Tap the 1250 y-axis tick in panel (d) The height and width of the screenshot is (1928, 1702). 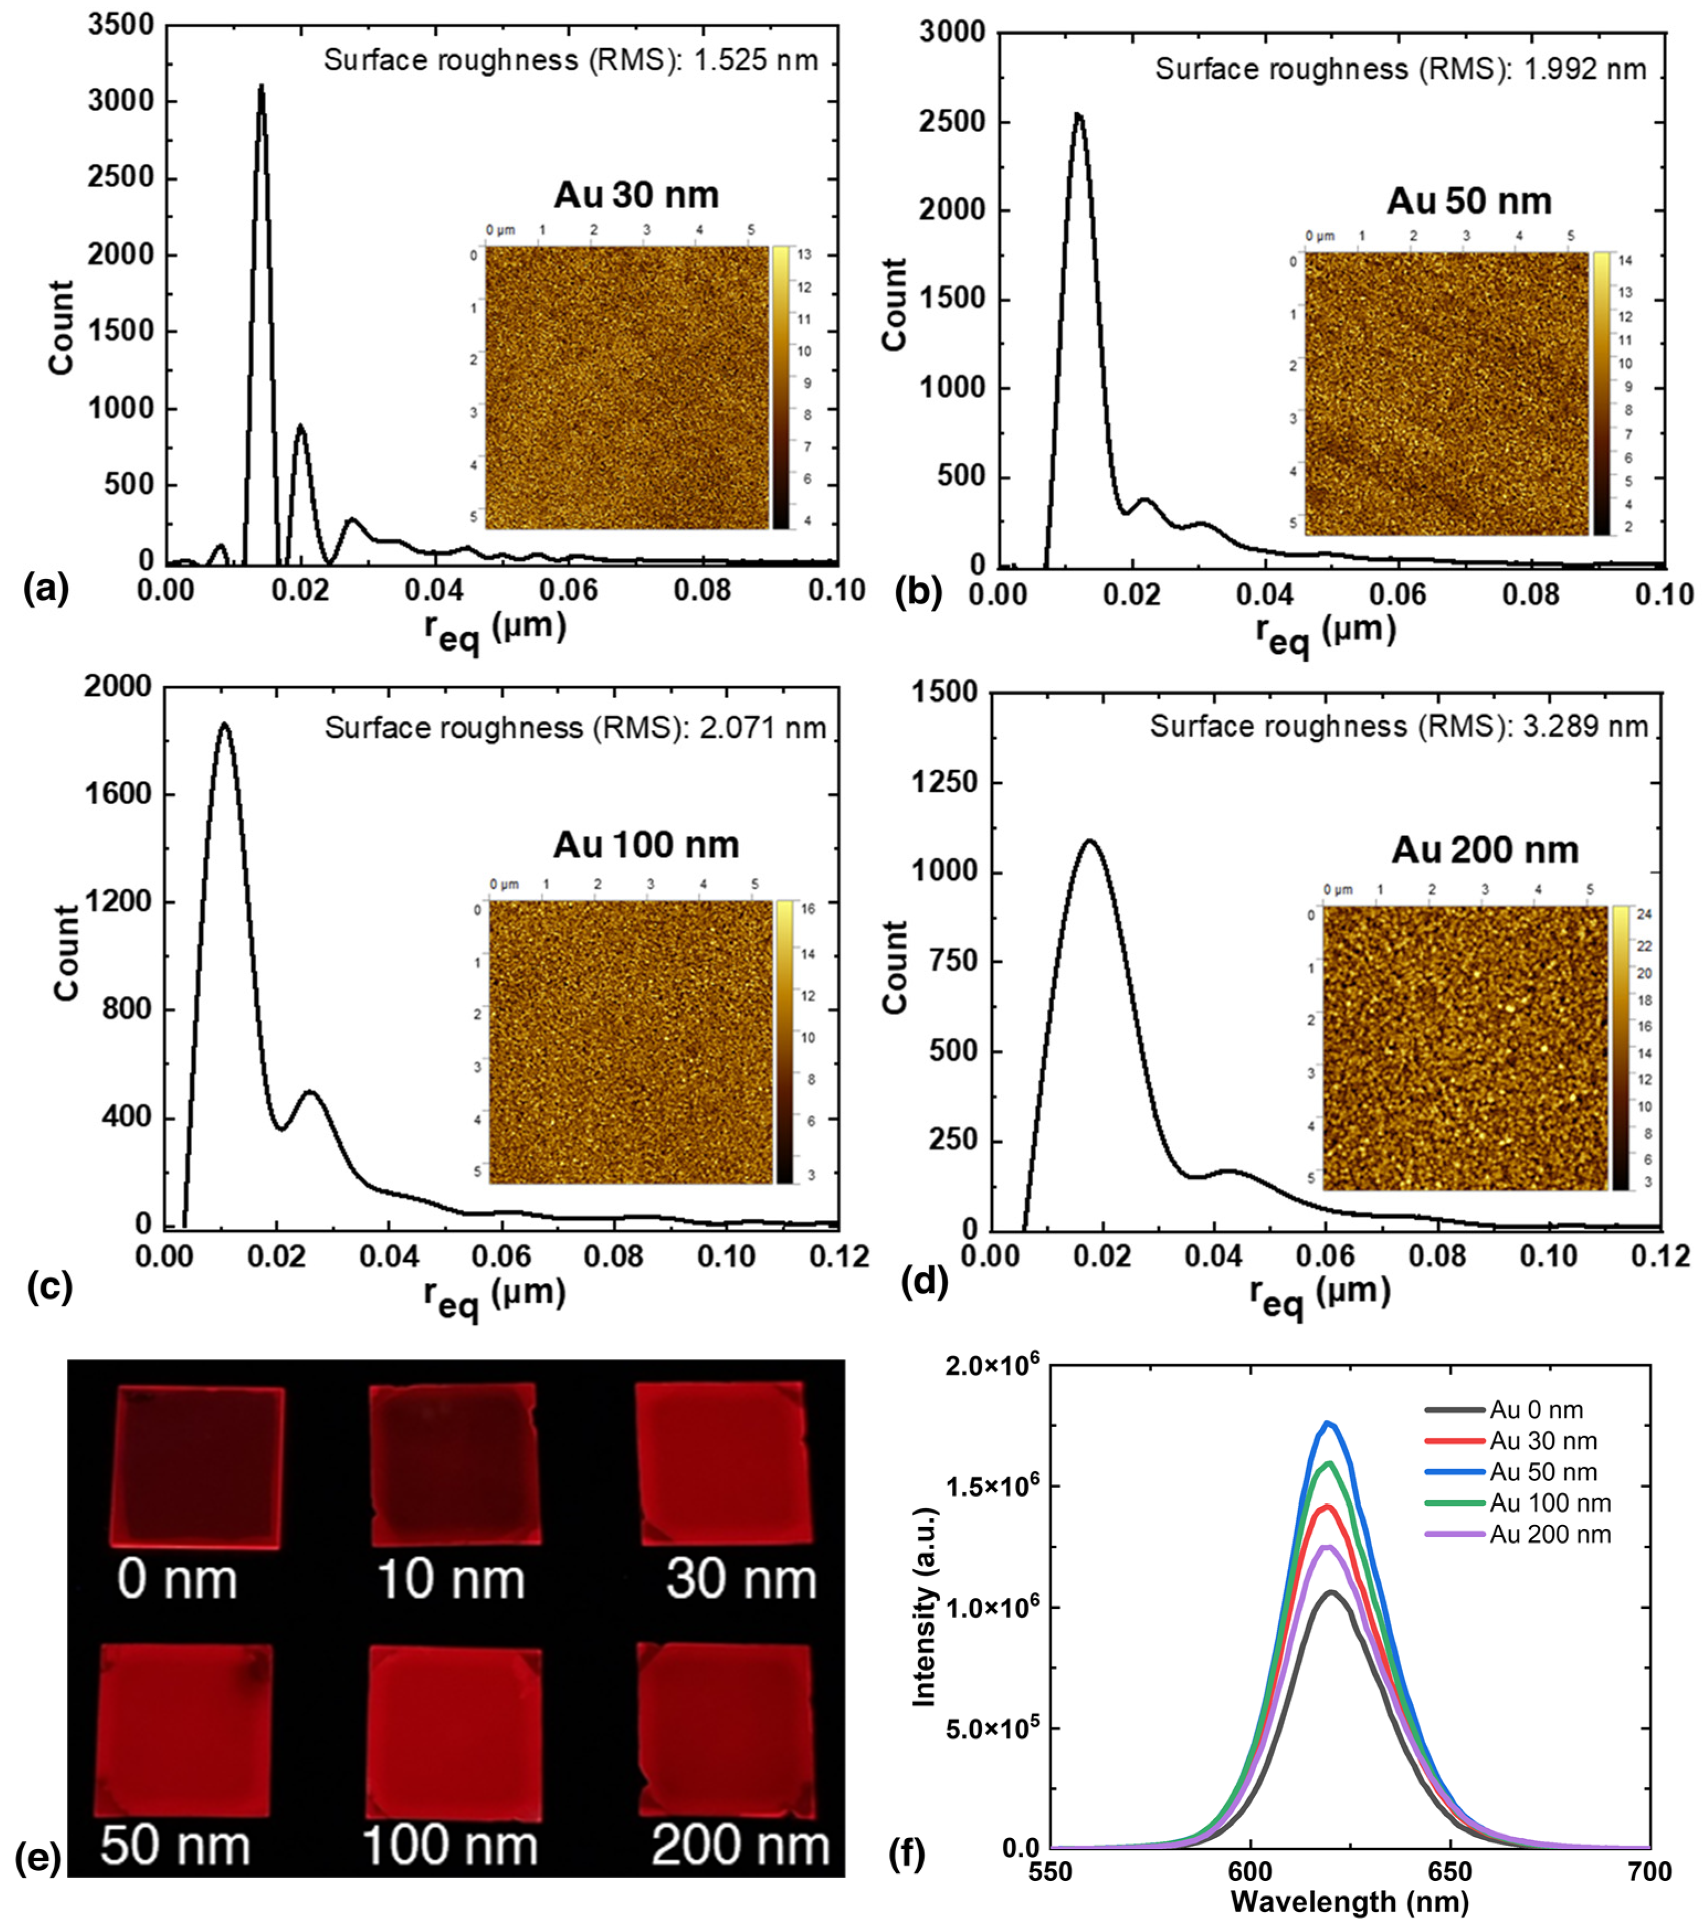pos(945,782)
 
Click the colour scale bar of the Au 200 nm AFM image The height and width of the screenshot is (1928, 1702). pos(1620,1047)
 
